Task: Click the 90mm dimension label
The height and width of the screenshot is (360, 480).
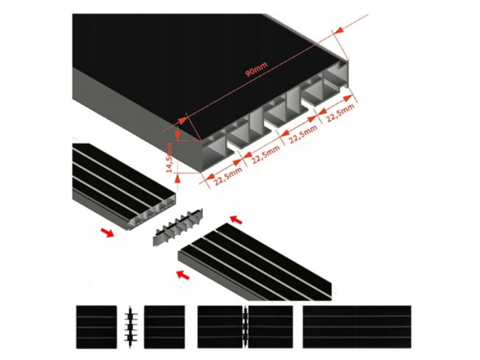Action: (256, 70)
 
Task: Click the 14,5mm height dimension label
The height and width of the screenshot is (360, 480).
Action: (170, 157)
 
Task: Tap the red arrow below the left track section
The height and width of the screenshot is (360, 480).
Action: (107, 232)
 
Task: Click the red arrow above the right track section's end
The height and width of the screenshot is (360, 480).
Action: (236, 219)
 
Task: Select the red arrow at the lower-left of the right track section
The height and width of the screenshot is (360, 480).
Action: (182, 274)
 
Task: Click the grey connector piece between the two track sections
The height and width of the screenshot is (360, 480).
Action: (178, 227)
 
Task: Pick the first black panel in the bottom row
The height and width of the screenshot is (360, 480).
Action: (96, 327)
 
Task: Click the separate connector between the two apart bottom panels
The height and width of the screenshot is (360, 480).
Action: (130, 326)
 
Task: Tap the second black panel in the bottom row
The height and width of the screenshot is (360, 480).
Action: (164, 327)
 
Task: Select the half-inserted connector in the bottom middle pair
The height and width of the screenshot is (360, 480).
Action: (245, 326)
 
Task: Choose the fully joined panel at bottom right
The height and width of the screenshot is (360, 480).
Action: (357, 327)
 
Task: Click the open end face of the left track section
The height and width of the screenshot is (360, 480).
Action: (153, 214)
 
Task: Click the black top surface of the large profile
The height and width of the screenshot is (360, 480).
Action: (197, 66)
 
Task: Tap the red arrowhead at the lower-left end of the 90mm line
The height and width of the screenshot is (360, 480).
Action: (183, 120)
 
